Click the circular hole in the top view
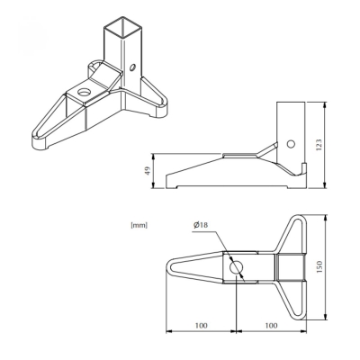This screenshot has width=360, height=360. click(x=236, y=266)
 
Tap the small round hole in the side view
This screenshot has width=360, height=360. click(x=290, y=142)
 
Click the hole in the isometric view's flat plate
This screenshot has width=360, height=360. click(x=84, y=92)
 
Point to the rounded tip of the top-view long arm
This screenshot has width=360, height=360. click(x=170, y=267)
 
